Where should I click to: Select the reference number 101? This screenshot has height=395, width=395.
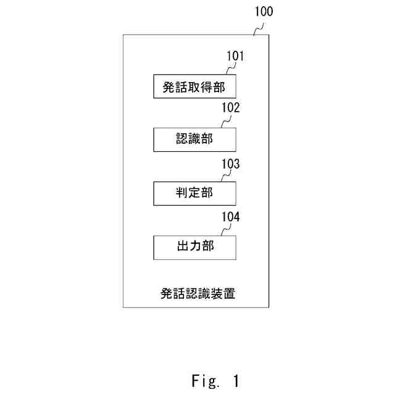[235, 57]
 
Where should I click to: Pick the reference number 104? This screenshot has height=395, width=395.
[231, 216]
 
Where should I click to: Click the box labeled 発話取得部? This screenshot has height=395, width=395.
[194, 86]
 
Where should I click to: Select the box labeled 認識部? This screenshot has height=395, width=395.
[194, 139]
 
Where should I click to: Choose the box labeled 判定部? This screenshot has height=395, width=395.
[194, 193]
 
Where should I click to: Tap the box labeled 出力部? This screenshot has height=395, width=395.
[194, 246]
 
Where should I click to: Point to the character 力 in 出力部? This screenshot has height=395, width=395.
[194, 246]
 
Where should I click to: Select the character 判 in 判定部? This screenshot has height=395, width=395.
[181, 193]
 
